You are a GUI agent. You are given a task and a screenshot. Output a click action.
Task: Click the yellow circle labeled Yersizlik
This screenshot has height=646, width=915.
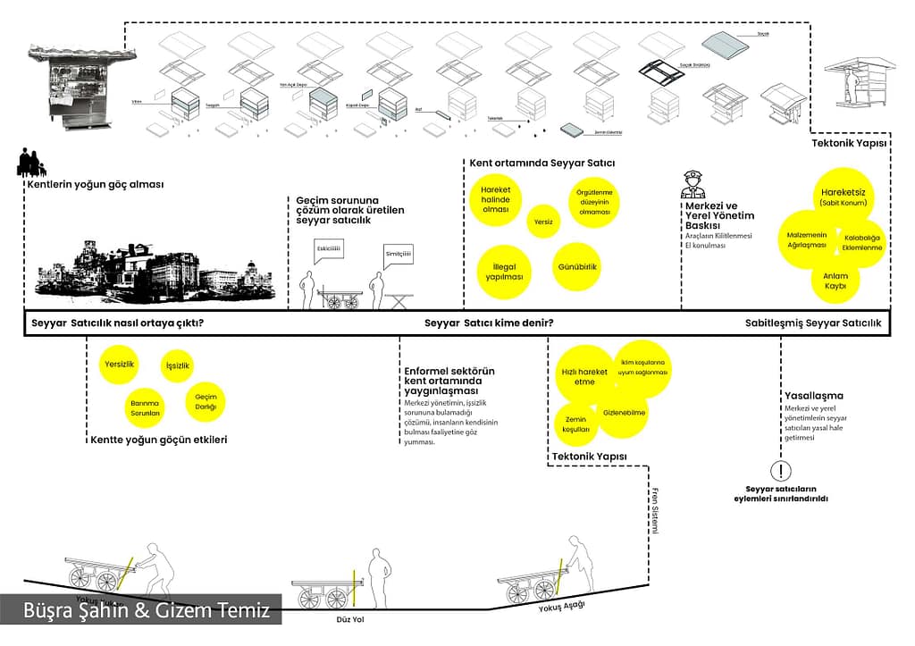119,365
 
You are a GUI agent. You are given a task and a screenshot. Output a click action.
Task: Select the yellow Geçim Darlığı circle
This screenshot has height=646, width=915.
206,402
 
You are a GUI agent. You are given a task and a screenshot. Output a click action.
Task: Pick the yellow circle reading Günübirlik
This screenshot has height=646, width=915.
577,266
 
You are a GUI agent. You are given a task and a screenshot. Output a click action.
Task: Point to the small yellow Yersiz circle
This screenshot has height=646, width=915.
542,221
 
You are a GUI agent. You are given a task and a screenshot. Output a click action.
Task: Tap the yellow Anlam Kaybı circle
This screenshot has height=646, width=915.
835,281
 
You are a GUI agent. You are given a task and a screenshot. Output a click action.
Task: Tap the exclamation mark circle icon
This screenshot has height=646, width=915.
782,471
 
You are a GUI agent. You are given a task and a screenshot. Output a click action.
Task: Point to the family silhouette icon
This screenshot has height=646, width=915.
30,164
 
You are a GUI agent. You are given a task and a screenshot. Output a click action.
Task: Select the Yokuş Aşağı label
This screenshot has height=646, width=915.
560,608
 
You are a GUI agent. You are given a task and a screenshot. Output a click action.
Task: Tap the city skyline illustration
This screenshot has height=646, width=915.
152,268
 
